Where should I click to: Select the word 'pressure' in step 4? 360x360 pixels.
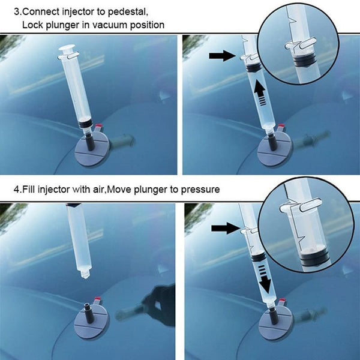pos(200,190)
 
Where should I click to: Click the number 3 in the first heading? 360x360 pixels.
pos(16,12)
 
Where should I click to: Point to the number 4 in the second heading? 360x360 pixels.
pos(16,190)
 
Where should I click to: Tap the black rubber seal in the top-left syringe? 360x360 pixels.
pos(85,125)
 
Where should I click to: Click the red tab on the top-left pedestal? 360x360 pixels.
pos(99,125)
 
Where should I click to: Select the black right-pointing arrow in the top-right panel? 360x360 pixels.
pos(222,56)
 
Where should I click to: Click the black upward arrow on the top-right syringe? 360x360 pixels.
pos(260,92)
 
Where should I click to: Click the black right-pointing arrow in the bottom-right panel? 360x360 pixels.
pos(225,228)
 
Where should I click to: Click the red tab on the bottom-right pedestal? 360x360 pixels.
pos(282,300)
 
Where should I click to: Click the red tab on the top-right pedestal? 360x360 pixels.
pos(281,126)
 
